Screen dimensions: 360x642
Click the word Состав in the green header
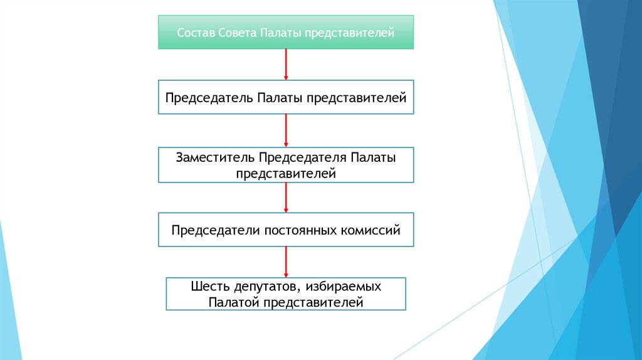click(196, 33)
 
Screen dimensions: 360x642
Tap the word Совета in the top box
click(236, 33)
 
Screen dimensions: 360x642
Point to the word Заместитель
click(215, 157)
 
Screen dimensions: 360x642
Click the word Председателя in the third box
click(303, 157)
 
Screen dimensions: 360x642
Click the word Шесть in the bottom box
click(207, 287)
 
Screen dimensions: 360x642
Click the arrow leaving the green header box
click(286, 64)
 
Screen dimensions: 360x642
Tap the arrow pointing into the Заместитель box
click(286, 130)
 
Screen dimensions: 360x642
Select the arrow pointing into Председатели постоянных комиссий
click(286, 198)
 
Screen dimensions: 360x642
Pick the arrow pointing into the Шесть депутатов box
click(286, 262)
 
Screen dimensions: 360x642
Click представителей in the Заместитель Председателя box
click(286, 173)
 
